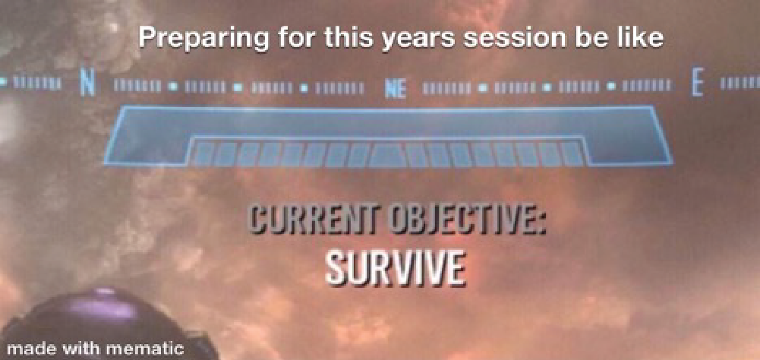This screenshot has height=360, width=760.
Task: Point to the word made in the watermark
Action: [33, 349]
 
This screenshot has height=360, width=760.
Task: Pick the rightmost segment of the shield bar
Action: [571, 154]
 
